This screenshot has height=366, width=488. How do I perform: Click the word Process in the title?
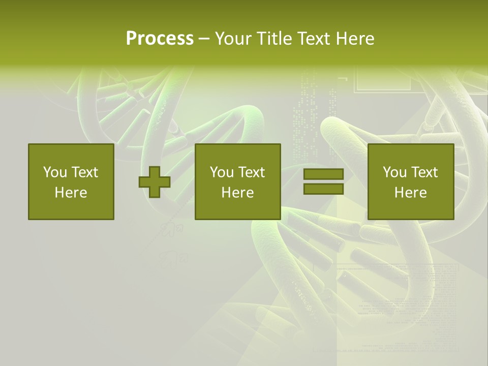coord(160,39)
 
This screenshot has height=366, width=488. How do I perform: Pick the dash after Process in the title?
coord(204,39)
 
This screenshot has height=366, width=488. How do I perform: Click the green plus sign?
coord(155,182)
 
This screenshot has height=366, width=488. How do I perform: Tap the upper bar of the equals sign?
coord(323,174)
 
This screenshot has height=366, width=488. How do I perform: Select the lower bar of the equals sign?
coord(323,189)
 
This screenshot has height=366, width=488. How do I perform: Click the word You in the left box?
coord(55,172)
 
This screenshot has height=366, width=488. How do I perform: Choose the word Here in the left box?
coord(71,193)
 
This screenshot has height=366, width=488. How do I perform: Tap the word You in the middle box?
coord(222,172)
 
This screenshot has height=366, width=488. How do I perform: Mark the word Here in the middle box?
coord(237,193)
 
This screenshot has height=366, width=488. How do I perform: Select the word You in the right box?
coord(394,172)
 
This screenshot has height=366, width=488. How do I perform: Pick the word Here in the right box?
coord(410,193)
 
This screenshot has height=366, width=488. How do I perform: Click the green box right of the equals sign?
coord(411,208)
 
